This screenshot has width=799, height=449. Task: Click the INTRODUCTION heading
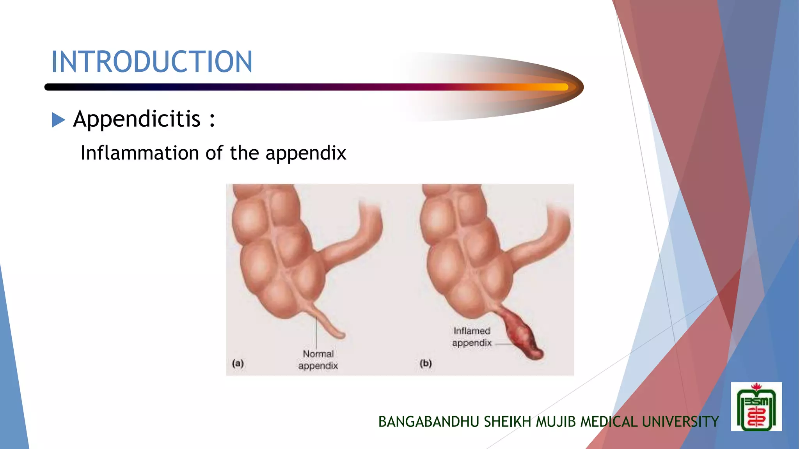pyautogui.click(x=152, y=62)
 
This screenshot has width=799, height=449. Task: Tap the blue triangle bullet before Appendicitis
pyautogui.click(x=58, y=120)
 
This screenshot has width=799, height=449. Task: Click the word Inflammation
pyautogui.click(x=140, y=153)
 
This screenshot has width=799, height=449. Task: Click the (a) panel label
pyautogui.click(x=238, y=363)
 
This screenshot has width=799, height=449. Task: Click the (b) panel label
pyautogui.click(x=426, y=363)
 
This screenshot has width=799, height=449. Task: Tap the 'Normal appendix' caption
pyautogui.click(x=318, y=360)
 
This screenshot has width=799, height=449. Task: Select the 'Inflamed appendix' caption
pyautogui.click(x=472, y=337)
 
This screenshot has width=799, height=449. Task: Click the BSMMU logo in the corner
pyautogui.click(x=756, y=407)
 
